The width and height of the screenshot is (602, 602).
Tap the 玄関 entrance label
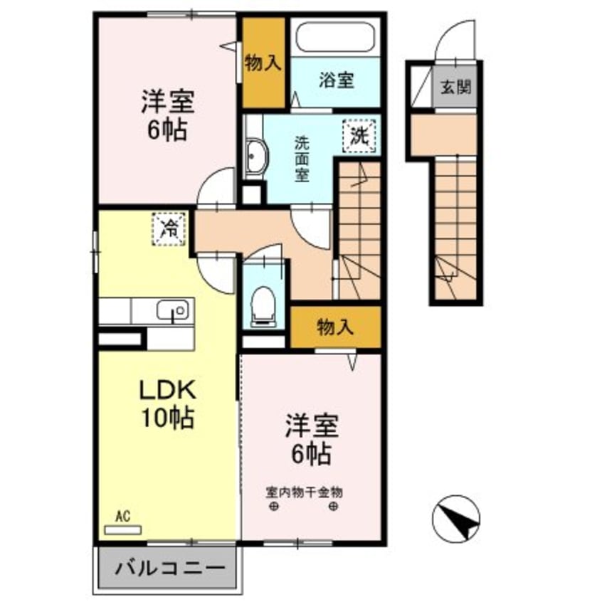tap(455, 88)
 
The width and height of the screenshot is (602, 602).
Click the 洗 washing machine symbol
tap(359, 135)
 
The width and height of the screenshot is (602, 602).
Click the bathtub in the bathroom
tap(334, 37)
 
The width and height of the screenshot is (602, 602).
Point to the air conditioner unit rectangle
tap(123, 529)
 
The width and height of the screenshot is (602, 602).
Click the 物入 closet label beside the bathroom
tap(263, 63)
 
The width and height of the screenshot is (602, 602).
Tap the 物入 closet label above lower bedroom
tap(335, 327)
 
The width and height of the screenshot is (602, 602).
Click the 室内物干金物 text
tap(305, 492)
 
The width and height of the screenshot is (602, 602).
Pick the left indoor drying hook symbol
tap(274, 507)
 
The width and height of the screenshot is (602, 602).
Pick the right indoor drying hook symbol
tap(334, 507)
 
